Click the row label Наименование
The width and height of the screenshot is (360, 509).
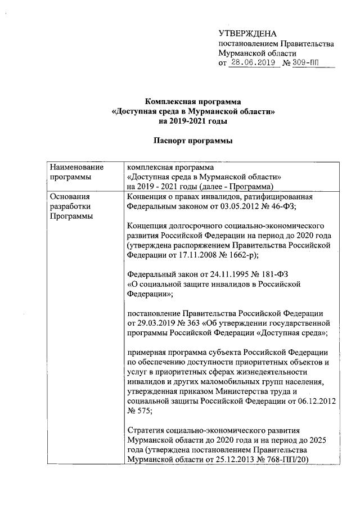click(76, 167)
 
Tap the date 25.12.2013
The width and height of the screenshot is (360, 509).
click(229, 461)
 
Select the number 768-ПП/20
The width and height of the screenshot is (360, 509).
click(283, 461)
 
